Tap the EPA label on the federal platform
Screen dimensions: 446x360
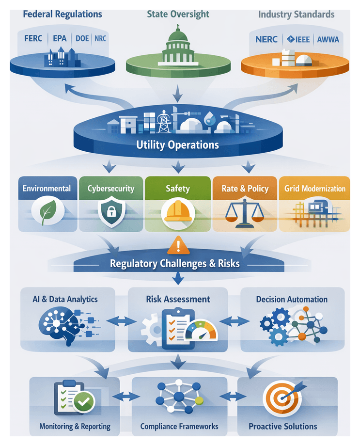tap(60, 38)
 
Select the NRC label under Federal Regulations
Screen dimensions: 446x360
tap(101, 38)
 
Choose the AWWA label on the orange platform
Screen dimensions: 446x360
tap(329, 38)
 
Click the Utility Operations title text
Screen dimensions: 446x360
tap(177, 144)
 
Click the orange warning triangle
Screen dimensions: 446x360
tap(178, 247)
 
